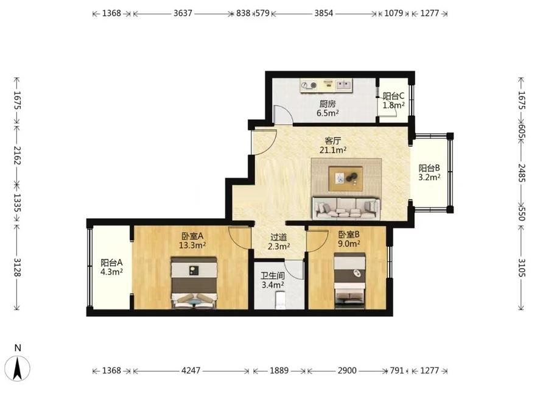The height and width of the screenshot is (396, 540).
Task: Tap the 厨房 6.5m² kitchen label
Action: [328, 108]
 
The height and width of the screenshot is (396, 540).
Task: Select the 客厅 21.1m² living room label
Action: [332, 145]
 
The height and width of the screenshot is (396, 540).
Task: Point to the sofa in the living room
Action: [346, 208]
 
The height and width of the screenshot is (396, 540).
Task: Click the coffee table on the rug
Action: [345, 179]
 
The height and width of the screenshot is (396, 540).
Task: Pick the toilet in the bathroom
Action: [280, 300]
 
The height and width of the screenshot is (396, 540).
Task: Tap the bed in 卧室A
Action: [194, 282]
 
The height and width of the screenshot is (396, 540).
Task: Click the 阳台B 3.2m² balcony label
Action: [429, 172]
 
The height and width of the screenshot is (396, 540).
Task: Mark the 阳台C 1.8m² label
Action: [394, 101]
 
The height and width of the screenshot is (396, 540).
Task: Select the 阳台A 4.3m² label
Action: [111, 267]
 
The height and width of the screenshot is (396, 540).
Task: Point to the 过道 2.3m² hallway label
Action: [279, 242]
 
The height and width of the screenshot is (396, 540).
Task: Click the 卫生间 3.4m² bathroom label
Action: [272, 280]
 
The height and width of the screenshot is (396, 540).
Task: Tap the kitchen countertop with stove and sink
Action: [326, 86]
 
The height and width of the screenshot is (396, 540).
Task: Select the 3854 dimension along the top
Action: [324, 13]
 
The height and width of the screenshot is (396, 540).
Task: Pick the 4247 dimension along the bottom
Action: [191, 370]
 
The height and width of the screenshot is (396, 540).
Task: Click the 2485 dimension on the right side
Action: [521, 172]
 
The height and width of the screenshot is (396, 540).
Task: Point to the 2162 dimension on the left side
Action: [17, 155]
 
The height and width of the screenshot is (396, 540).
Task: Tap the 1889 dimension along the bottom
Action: [279, 370]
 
